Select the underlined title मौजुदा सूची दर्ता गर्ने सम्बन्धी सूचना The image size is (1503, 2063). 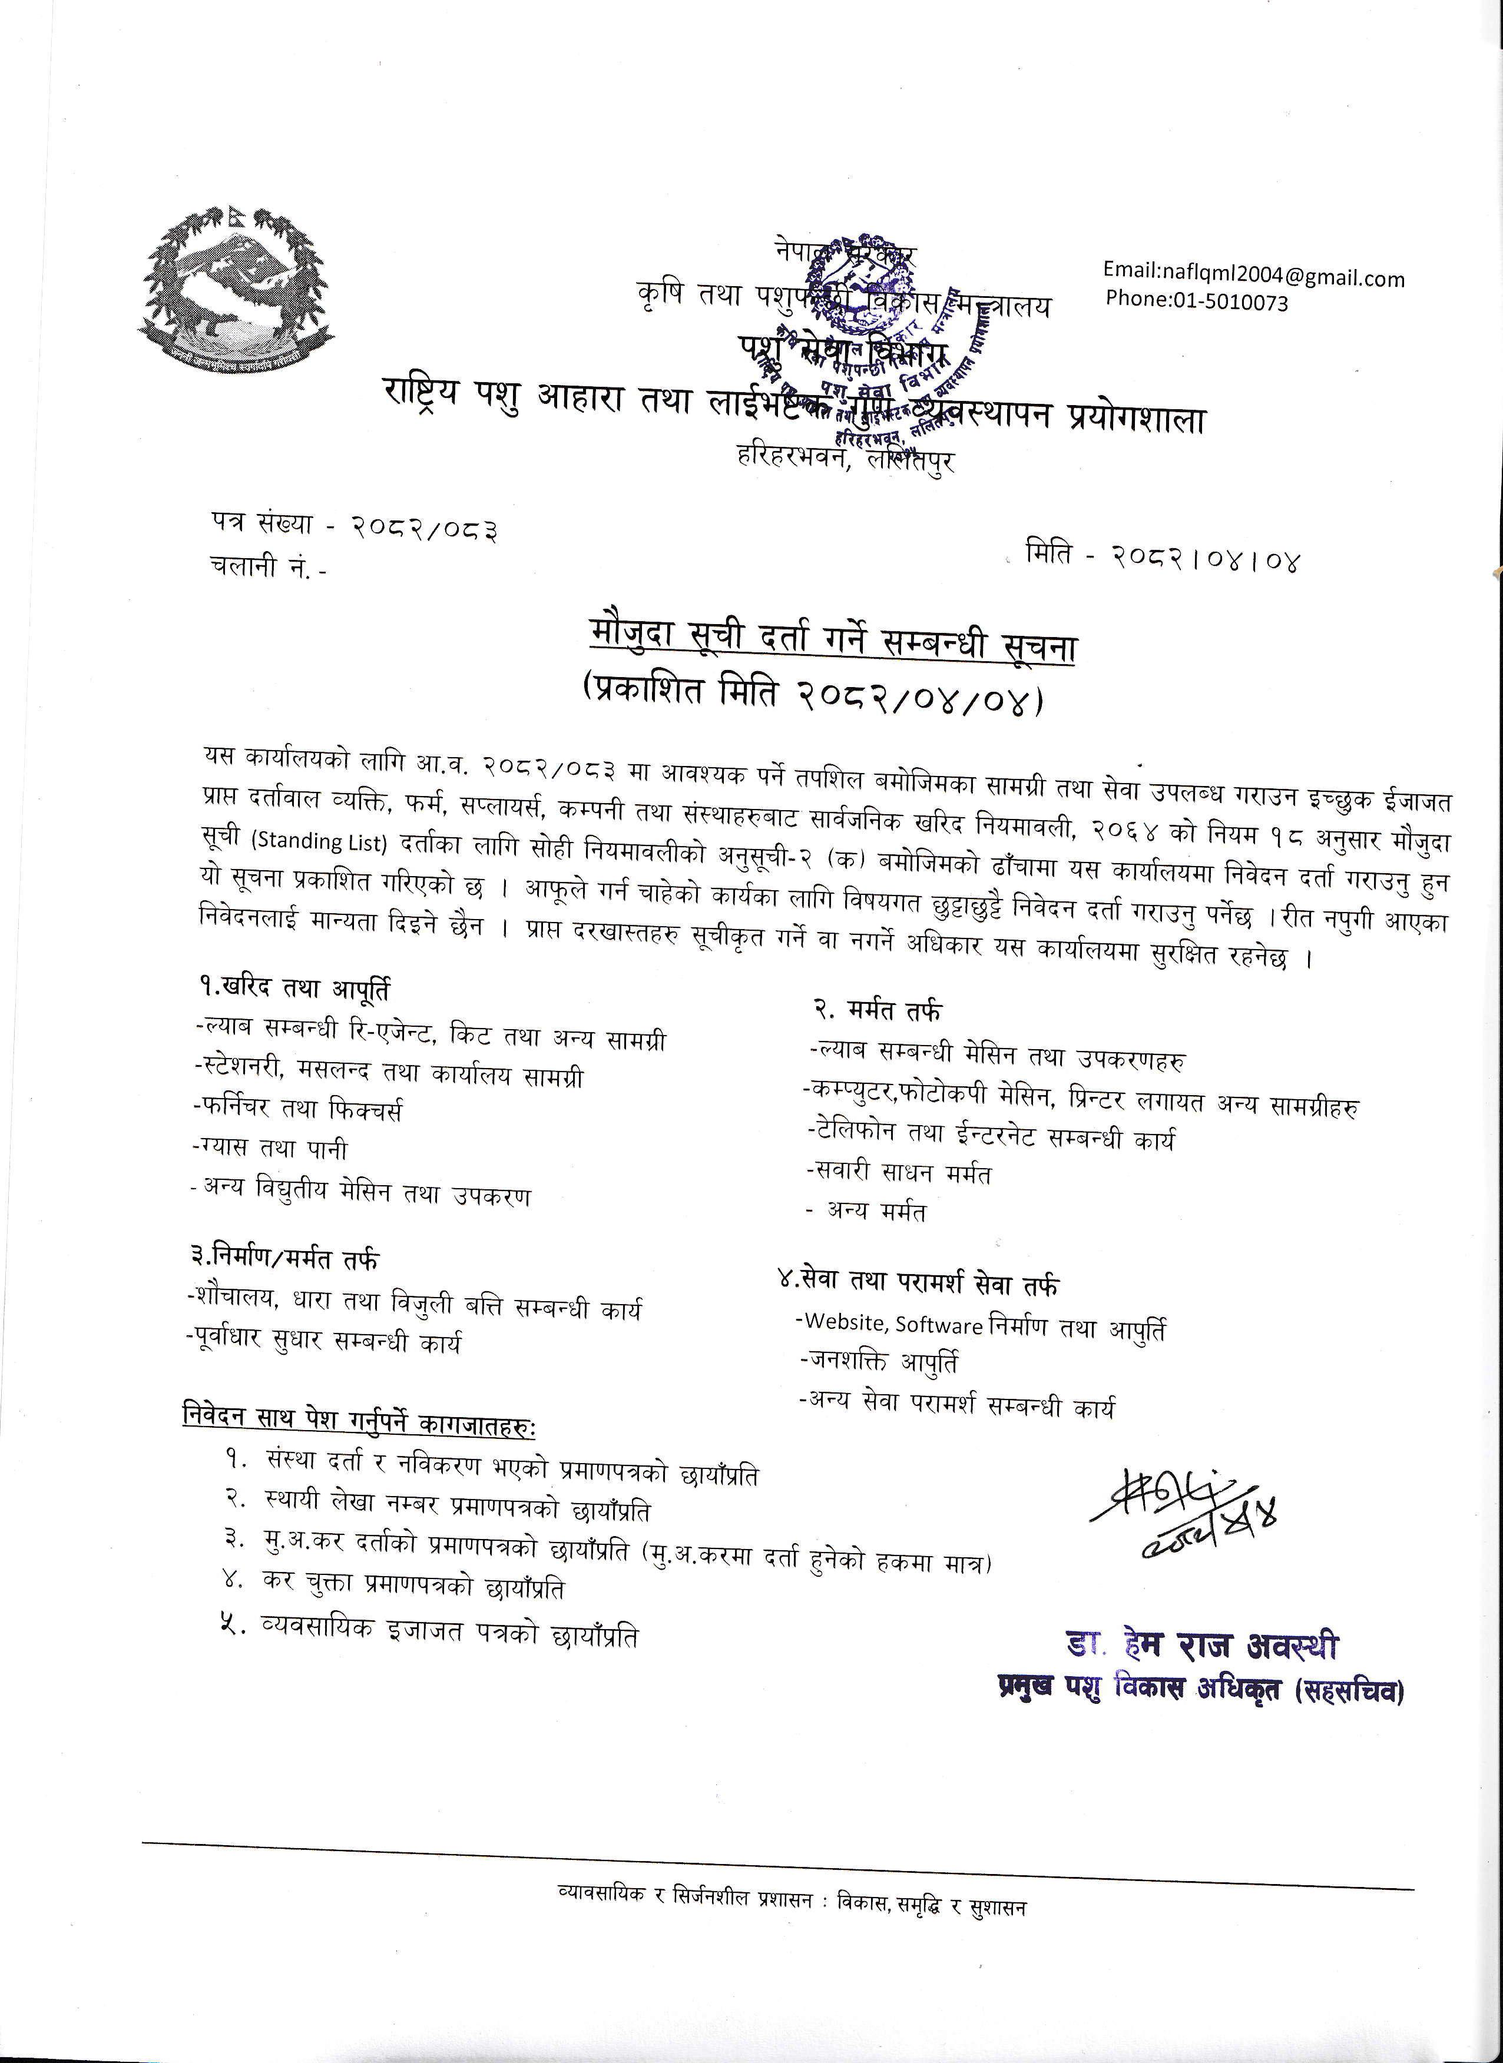point(832,648)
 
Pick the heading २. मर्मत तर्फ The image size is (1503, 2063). point(877,1010)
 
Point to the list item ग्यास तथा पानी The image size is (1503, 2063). point(270,1149)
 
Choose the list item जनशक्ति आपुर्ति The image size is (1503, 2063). point(878,1362)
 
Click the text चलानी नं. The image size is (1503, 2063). point(264,566)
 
